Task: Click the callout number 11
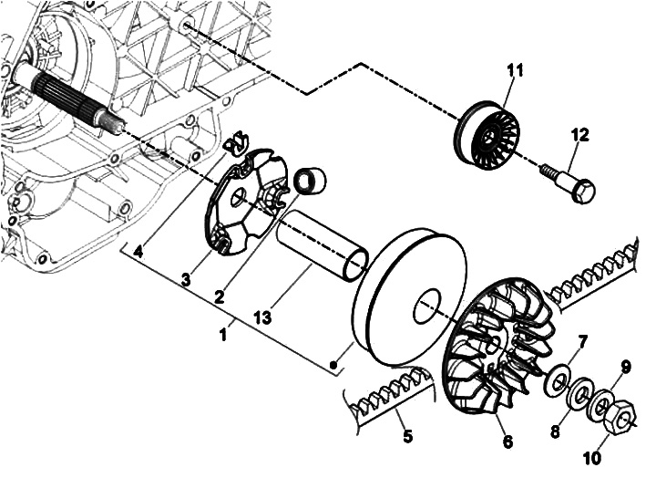515,70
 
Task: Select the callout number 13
262,317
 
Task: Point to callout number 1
223,334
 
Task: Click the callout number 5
407,436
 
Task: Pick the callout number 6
507,442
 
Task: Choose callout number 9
625,368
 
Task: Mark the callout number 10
591,457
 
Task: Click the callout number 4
138,252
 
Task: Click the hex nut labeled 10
620,416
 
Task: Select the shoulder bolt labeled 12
569,182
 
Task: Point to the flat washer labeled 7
559,380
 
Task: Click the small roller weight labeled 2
311,182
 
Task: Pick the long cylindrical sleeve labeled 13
323,245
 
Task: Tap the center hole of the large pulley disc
427,306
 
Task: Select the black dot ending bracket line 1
333,364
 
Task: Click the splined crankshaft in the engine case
69,99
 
